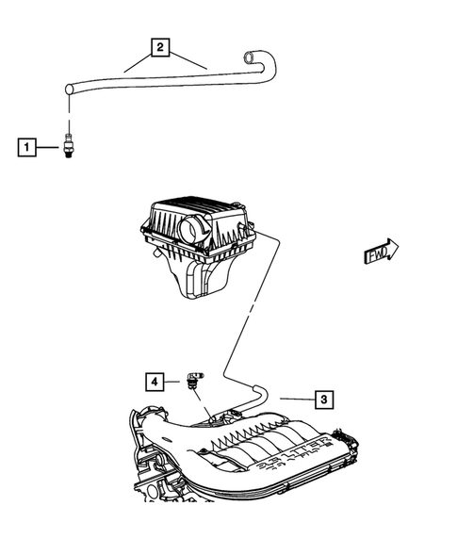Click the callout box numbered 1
(x=28, y=147)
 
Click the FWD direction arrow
(x=380, y=253)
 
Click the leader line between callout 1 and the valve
(x=50, y=147)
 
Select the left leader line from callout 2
(x=139, y=62)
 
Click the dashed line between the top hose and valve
(x=70, y=111)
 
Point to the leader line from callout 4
(x=175, y=382)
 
